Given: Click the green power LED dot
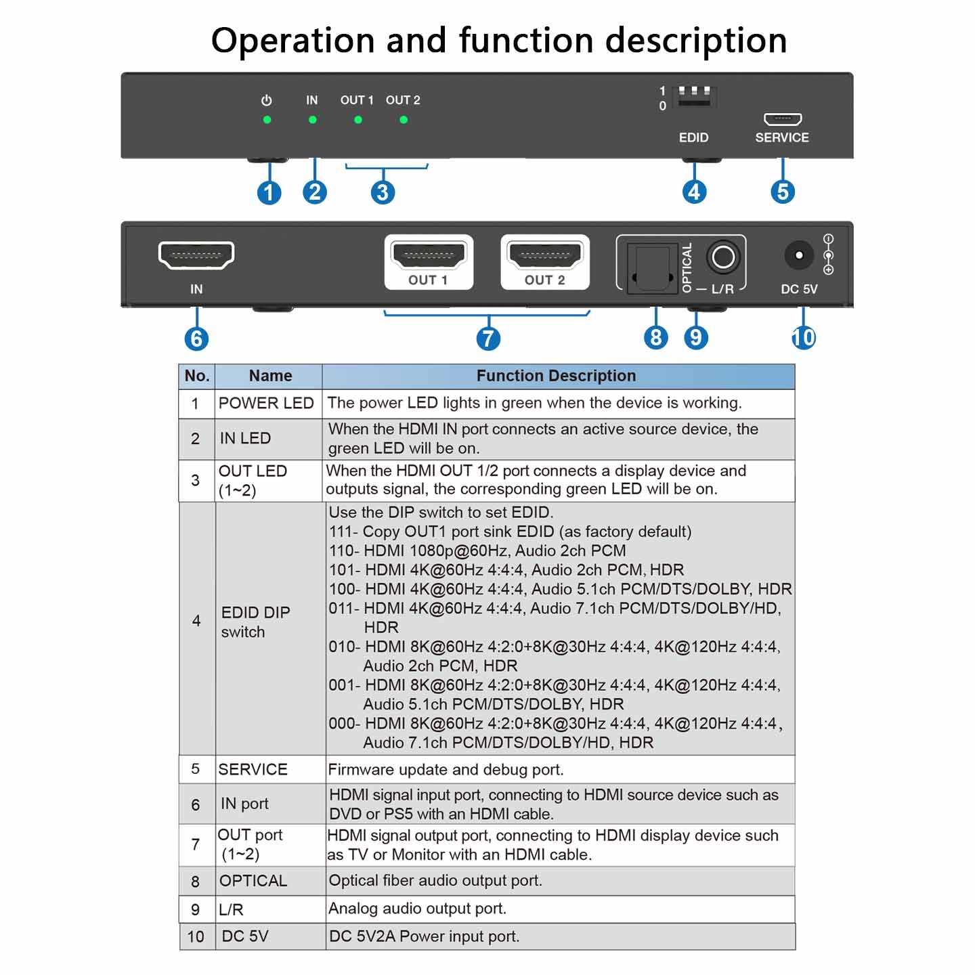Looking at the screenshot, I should coord(267,120).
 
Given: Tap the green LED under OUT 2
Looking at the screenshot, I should coord(404,120).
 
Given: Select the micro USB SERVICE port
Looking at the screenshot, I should coord(783,119).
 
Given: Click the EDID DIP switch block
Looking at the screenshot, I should coord(695,96).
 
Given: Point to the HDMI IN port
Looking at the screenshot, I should coord(196,255).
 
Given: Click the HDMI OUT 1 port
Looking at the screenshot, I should coord(429,257).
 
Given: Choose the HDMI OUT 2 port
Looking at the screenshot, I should coord(545,257).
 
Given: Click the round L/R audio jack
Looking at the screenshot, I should coord(723,257).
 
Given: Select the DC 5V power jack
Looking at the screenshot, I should coord(799,255).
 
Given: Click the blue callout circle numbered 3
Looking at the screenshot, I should coord(383,192).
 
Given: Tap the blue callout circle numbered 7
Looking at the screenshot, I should coord(488,339).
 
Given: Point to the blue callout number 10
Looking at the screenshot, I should coord(804,337).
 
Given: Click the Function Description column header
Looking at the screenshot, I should coord(557,376).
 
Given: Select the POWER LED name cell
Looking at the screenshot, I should coord(266,404).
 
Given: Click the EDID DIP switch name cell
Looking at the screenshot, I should coord(256,622).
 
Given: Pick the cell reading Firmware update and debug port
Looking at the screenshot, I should coord(446,769).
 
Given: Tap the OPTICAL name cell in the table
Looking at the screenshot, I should coord(253,881).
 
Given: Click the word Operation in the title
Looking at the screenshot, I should coord(292,41).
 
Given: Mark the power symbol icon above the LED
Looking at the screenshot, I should coord(267,100).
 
